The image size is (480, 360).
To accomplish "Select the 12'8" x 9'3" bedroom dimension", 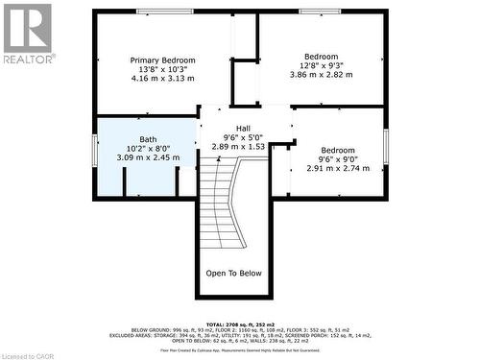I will pos(322,65).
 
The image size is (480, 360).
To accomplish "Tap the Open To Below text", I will pos(233,274).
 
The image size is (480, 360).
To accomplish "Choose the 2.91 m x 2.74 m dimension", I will pos(337,168).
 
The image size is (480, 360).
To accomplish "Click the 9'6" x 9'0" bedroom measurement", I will pos(337,159).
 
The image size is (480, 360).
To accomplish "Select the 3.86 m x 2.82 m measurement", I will pos(322,75).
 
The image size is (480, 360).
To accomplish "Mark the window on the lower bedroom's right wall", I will pos(386,145).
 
